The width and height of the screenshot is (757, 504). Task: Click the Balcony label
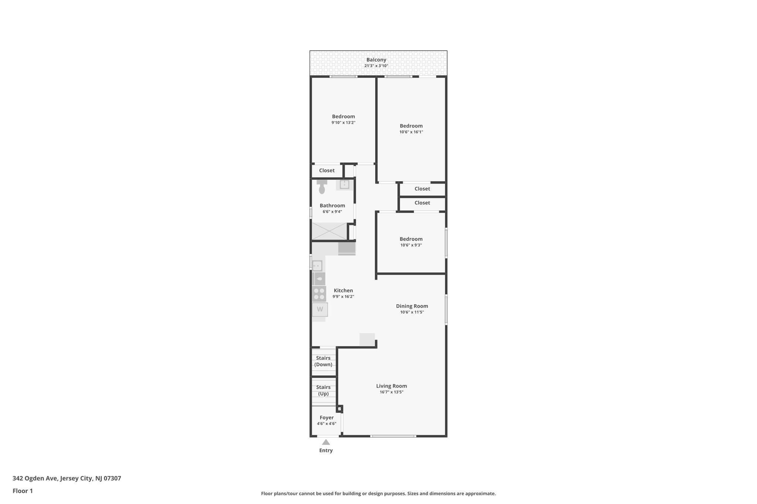(376, 60)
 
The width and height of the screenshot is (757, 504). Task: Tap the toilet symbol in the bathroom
(322, 187)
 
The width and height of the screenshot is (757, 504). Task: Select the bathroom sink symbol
(344, 184)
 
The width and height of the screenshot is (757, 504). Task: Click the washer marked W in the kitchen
(320, 309)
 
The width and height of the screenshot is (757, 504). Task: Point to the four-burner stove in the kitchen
(319, 294)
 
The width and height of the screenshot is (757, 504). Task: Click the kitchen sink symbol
(317, 266)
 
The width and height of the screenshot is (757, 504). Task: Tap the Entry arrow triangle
(326, 442)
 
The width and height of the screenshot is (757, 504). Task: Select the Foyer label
(326, 418)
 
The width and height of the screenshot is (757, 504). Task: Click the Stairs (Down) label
(323, 361)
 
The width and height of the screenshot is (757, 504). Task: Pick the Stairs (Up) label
(323, 390)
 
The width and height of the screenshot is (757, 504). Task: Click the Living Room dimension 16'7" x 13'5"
(391, 392)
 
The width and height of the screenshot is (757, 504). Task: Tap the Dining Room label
(412, 306)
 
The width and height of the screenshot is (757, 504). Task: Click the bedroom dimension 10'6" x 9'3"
(411, 245)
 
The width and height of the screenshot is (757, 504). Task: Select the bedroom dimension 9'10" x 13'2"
(343, 123)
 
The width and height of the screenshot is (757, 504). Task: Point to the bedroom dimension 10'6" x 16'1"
(411, 132)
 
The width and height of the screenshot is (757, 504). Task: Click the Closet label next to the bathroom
(327, 171)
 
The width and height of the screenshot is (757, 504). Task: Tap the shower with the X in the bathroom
(329, 231)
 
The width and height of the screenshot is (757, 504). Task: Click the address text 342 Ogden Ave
(35, 478)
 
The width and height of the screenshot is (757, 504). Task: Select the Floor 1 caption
(23, 491)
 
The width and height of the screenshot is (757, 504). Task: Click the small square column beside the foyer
(339, 409)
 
